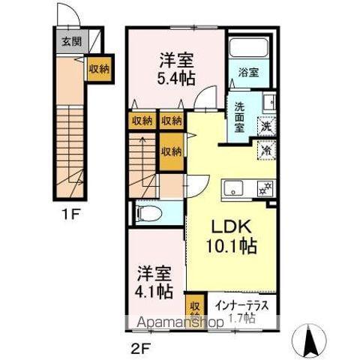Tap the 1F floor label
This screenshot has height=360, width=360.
[x=71, y=214]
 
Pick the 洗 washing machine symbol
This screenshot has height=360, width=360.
[x=266, y=127]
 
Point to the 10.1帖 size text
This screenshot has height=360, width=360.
[x=233, y=246]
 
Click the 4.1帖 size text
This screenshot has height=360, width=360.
[x=155, y=289]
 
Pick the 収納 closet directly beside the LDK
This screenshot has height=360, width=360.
[x=170, y=151]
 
